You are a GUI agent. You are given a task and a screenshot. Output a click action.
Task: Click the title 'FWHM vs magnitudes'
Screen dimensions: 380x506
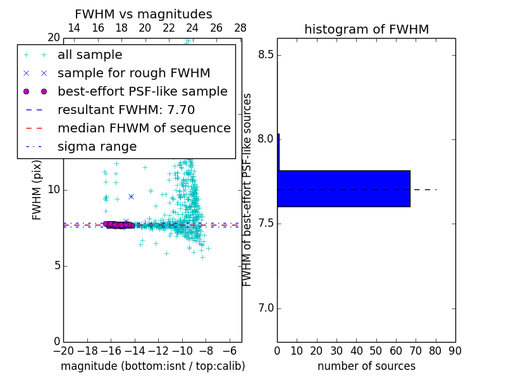(x=144, y=14)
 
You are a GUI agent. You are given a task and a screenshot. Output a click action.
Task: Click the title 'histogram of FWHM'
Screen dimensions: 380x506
(x=366, y=29)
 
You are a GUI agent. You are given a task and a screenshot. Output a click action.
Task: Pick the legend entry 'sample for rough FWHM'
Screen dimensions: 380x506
(x=133, y=73)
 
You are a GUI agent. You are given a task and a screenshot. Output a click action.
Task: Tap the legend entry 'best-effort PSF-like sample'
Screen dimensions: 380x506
(x=142, y=92)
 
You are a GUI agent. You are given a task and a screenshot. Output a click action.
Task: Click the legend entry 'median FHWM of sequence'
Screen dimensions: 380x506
(x=144, y=129)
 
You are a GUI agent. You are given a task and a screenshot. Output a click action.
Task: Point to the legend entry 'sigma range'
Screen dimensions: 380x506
(x=97, y=147)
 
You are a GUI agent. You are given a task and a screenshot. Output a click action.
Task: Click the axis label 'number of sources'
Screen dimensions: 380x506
(x=366, y=366)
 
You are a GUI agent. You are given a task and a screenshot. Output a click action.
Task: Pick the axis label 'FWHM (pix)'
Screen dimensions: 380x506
(x=37, y=189)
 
